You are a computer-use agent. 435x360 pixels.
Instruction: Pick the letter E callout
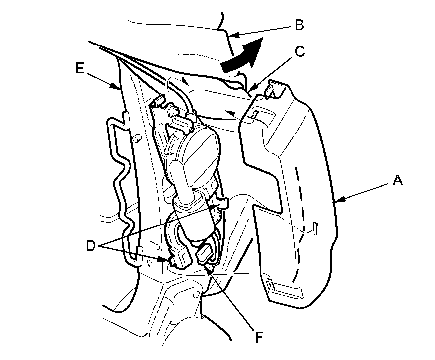[x=79, y=69]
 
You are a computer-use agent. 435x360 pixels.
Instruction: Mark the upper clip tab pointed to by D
[x=223, y=203]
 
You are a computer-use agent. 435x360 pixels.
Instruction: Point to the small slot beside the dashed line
[x=314, y=228]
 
